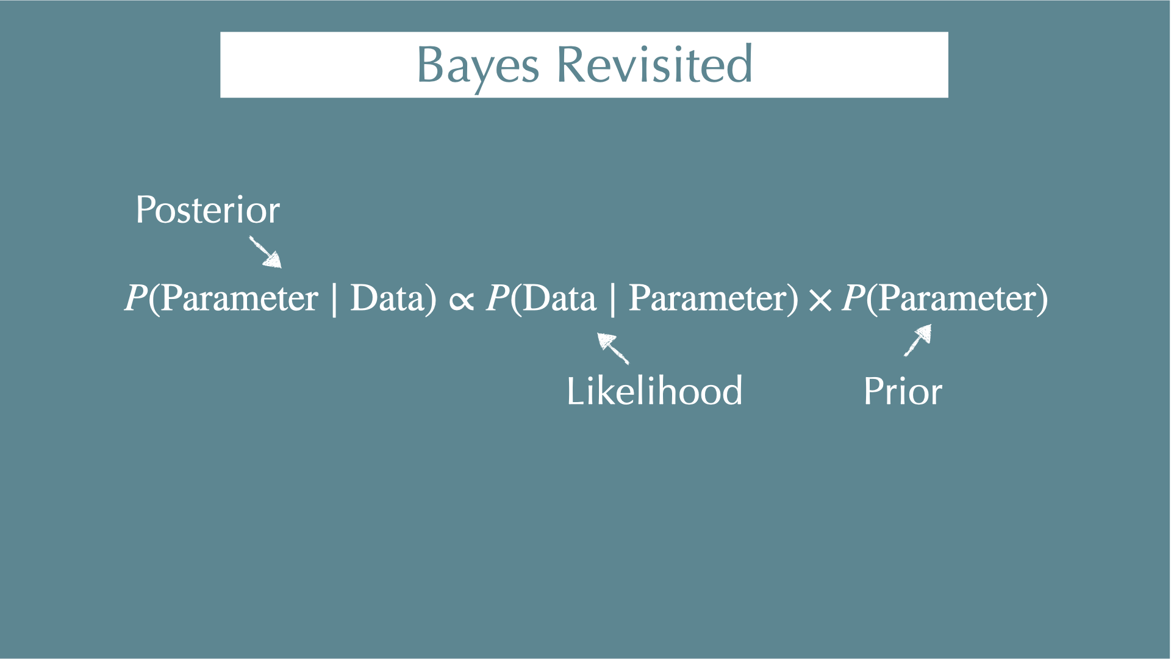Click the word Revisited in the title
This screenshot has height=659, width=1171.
pyautogui.click(x=655, y=63)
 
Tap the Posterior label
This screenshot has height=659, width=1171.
pyautogui.click(x=208, y=210)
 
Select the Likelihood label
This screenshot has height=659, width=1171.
pyautogui.click(x=654, y=391)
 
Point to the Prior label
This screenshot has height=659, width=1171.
pyautogui.click(x=903, y=391)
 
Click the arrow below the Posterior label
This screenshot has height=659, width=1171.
pyautogui.click(x=265, y=252)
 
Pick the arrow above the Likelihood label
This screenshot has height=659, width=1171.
pyautogui.click(x=613, y=348)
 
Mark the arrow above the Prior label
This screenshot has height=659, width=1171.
pyautogui.click(x=918, y=340)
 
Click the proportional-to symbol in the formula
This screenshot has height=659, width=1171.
pyautogui.click(x=461, y=300)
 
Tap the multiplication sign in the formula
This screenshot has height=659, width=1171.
pyautogui.click(x=820, y=300)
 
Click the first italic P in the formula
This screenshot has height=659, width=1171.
pyautogui.click(x=136, y=298)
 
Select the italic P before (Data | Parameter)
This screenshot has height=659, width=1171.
pyautogui.click(x=498, y=298)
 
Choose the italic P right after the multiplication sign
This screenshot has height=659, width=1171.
pyautogui.click(x=854, y=298)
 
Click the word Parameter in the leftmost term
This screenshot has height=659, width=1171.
pyautogui.click(x=239, y=298)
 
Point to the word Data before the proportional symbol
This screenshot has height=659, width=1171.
pyautogui.click(x=387, y=298)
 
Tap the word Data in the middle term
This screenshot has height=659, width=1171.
pyautogui.click(x=559, y=298)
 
